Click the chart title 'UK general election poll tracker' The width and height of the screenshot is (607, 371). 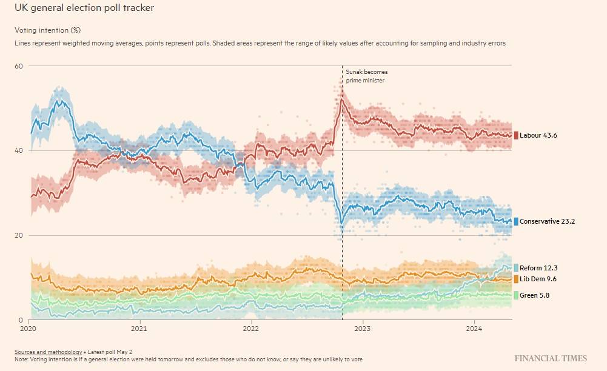84,8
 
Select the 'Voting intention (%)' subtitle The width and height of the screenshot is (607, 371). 48,30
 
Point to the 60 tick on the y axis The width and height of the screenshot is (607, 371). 19,66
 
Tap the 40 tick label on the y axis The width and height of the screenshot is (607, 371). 19,150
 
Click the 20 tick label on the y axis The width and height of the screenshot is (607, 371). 19,235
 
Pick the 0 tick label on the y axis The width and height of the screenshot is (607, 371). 21,320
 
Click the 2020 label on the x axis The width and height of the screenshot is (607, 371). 28,329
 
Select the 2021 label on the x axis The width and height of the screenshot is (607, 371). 139,329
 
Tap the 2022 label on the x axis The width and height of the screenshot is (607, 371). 251,329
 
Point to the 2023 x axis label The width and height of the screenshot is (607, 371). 363,329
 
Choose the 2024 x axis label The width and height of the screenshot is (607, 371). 474,329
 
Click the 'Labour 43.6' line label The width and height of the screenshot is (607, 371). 538,135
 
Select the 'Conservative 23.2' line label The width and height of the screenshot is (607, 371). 547,221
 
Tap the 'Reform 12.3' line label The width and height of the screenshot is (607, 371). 538,268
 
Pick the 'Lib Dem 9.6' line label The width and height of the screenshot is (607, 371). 538,279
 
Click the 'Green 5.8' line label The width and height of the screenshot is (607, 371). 534,296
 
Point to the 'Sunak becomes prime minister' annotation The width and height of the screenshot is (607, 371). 367,76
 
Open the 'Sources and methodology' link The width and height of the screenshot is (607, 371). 49,352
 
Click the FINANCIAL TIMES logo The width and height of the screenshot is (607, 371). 551,359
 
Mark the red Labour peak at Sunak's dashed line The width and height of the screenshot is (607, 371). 341,100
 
